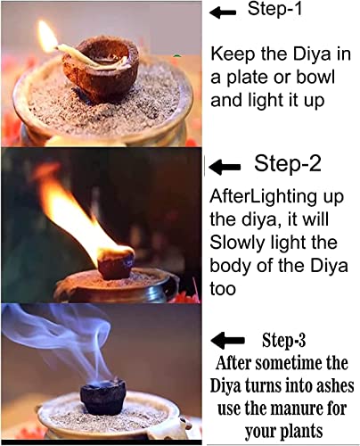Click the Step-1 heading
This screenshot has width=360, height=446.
tap(274, 9)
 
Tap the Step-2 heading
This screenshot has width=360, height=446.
tap(288, 163)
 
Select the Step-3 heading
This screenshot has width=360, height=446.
tap(283, 340)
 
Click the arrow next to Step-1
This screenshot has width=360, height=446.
tap(223, 12)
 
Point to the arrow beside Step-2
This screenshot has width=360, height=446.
tap(225, 167)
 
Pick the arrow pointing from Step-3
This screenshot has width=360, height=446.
tap(227, 340)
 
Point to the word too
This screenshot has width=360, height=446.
tap(223, 289)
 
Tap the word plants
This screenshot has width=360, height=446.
tap(301, 432)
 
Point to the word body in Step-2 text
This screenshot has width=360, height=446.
tap(231, 266)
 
